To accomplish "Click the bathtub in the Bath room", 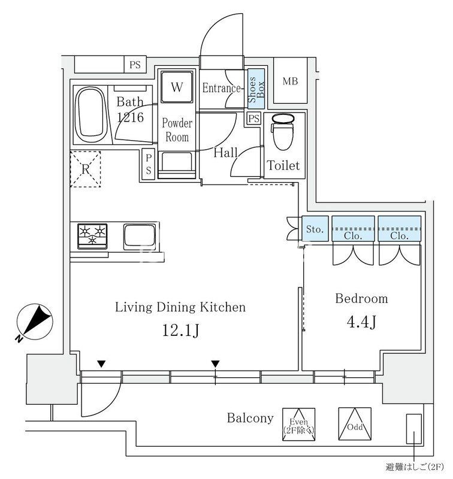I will pos(92,114).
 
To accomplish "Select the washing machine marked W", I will pos(176,87).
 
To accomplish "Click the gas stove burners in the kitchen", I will pos(92,235).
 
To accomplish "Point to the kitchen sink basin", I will pos(140,237).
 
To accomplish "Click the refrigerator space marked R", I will pos(85,169).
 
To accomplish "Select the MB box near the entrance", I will pos(290,81).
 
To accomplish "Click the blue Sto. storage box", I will pos(315,229).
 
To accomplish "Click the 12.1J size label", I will pos(180,331).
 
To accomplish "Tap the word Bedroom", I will pos(361,298).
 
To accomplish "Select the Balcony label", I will pos(250,418).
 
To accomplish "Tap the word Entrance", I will pos(221,88).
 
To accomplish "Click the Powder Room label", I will pos(177,131).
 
